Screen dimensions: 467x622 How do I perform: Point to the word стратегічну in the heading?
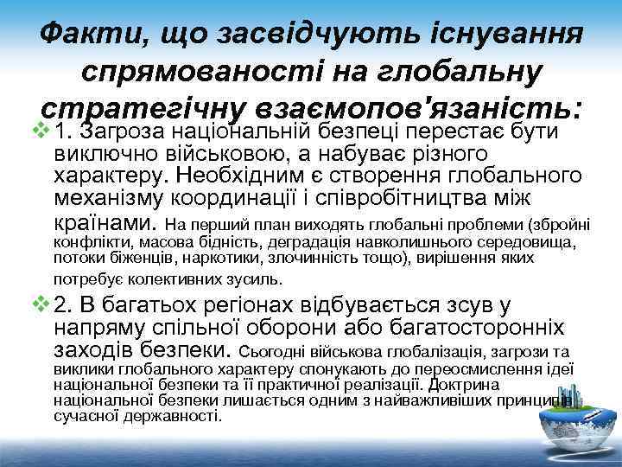[143, 110]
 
